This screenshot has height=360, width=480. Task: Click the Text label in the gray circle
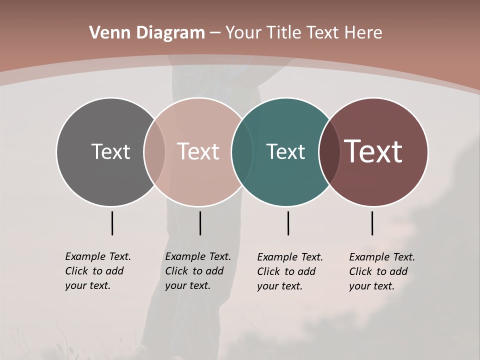[x=110, y=151]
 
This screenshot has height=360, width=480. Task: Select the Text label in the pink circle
[x=198, y=151]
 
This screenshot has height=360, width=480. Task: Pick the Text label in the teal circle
[x=285, y=151]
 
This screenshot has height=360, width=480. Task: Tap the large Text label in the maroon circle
[x=373, y=151]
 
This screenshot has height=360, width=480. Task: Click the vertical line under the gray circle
[x=112, y=223]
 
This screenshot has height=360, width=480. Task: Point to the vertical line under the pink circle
[x=200, y=223]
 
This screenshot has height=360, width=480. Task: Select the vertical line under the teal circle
[x=288, y=223]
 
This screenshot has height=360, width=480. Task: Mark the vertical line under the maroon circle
[x=372, y=223]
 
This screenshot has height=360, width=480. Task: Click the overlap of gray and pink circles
[x=154, y=152]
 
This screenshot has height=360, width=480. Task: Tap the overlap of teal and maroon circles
[x=329, y=152]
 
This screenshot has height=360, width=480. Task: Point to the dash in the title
[x=215, y=33]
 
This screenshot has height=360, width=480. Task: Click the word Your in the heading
[x=244, y=33]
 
